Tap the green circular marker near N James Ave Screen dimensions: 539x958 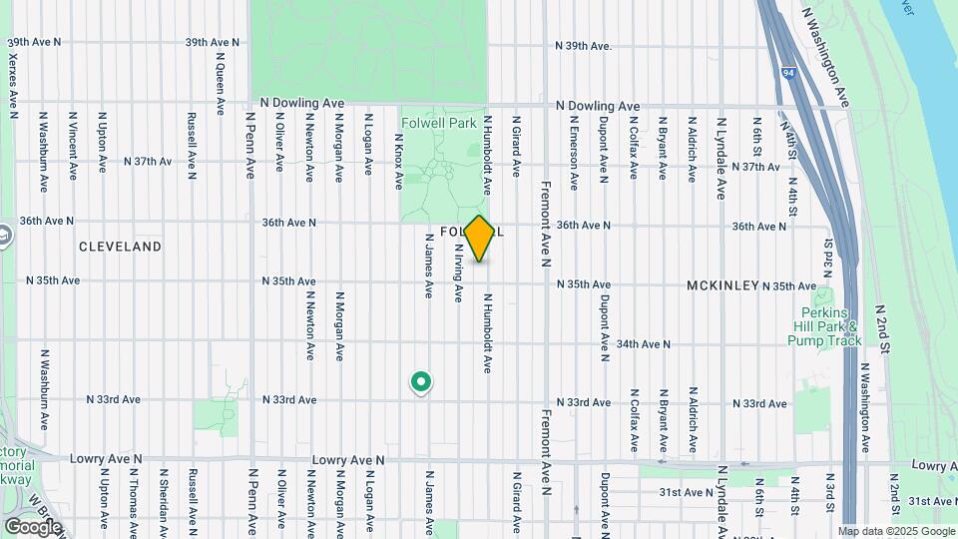tap(421, 381)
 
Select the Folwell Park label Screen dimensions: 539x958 tap(438, 124)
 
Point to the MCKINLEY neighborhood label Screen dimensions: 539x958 tap(722, 285)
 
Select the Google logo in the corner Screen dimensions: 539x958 tap(33, 526)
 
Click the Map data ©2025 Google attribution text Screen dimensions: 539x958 tap(895, 531)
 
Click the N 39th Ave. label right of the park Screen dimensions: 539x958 tap(583, 46)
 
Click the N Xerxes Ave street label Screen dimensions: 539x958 tap(13, 80)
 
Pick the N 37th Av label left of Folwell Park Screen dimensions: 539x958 tap(148, 161)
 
